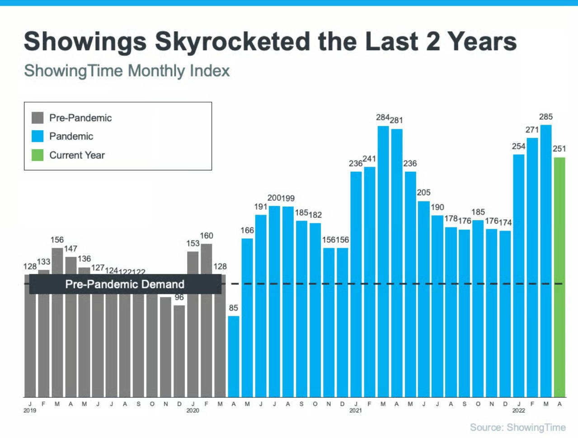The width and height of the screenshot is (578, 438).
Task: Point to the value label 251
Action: (559, 149)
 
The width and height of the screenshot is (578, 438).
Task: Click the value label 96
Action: (179, 297)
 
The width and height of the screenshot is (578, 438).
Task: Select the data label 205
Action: (423, 193)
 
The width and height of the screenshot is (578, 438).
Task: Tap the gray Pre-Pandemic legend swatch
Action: (38, 118)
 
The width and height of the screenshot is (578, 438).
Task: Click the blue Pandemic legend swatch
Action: (38, 136)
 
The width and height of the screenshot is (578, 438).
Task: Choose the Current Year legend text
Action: (77, 155)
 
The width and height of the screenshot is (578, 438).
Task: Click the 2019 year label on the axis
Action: (30, 410)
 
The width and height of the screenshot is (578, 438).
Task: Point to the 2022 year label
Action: (518, 410)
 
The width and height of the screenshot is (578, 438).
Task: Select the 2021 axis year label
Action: (356, 410)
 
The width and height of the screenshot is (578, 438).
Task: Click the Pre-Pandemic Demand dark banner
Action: (125, 284)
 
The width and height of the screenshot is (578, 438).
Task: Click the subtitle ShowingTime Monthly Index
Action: (127, 71)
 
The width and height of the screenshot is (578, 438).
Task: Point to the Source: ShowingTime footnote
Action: (517, 428)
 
